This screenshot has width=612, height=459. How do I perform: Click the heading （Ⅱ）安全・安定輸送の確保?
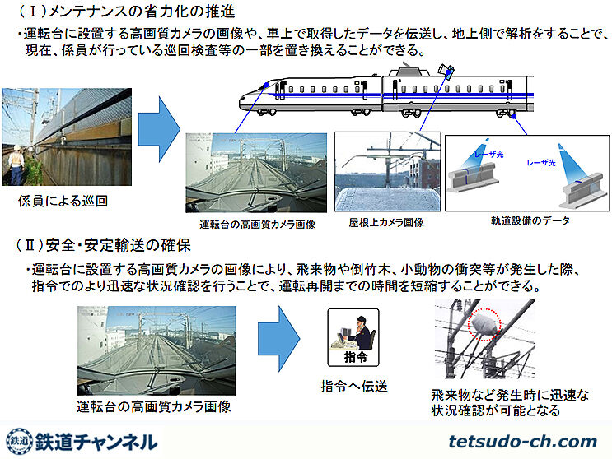click(102, 245)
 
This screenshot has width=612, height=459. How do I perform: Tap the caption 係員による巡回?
click(63, 200)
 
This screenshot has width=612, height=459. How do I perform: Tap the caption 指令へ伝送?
click(354, 386)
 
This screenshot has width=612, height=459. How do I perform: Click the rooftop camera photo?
click(385, 172)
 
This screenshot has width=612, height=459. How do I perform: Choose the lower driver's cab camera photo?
click(157, 350)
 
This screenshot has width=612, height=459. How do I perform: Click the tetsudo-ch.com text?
click(522, 441)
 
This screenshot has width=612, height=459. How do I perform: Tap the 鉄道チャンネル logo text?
click(97, 440)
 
